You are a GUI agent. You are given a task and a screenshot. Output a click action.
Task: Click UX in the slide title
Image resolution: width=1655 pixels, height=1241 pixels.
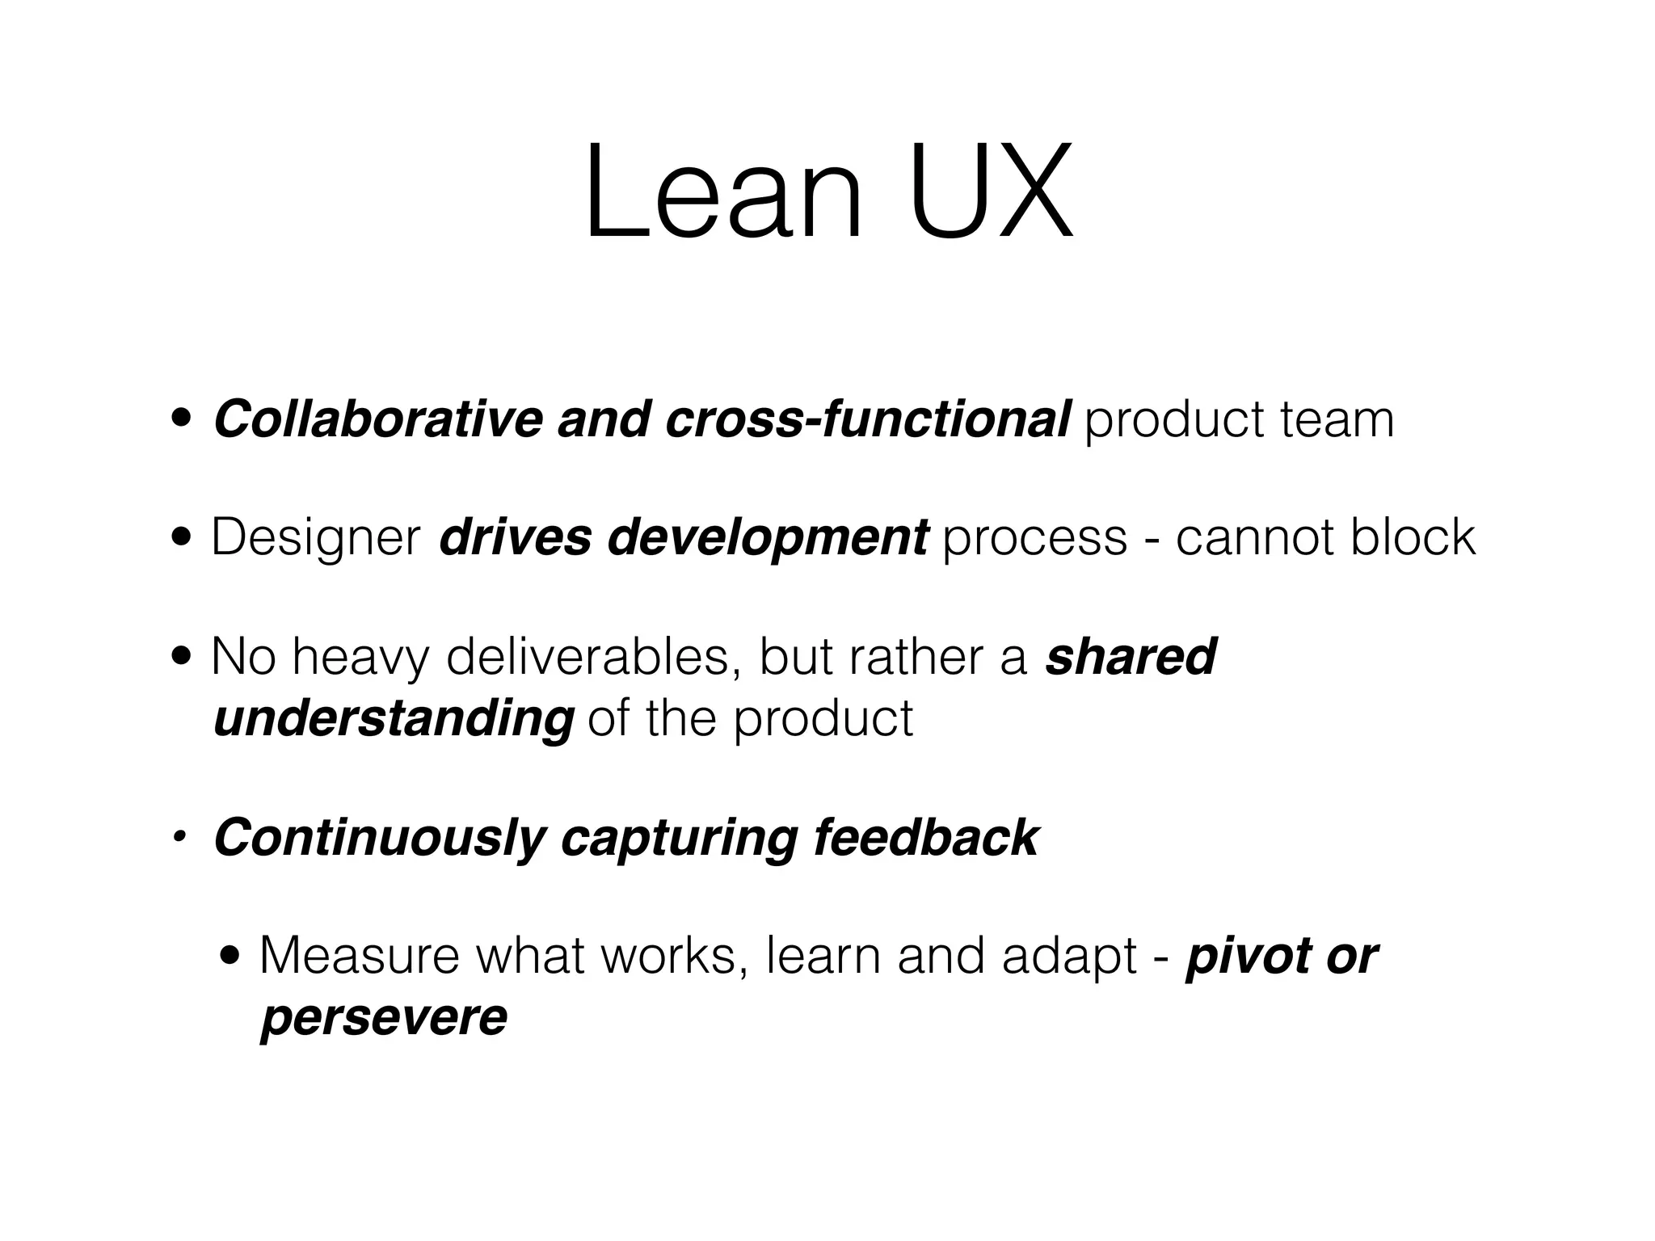(992, 194)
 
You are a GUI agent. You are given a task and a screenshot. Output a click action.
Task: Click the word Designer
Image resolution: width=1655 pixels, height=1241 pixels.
(316, 539)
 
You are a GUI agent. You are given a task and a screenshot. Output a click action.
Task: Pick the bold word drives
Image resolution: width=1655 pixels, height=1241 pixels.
(515, 537)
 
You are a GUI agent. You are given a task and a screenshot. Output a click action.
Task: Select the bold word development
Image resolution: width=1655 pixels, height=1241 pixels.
(769, 539)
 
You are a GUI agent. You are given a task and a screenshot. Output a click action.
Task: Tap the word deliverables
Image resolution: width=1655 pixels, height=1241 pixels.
(587, 657)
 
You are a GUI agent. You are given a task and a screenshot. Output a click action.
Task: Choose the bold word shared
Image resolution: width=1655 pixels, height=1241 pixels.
(1130, 657)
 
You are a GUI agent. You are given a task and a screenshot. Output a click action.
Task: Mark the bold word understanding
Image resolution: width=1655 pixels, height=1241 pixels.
(394, 718)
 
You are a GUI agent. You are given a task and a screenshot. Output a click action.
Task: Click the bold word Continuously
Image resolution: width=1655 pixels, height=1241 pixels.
(380, 839)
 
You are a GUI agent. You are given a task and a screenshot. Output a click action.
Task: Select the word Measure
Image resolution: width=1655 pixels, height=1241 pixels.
(360, 957)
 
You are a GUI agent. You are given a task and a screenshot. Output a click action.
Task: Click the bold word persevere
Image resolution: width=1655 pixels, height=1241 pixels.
(384, 1018)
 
